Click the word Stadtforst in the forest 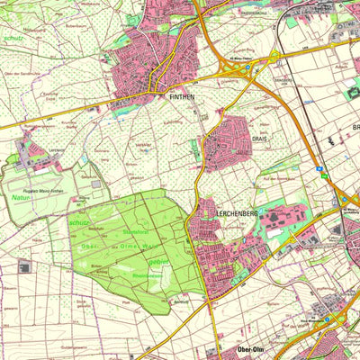coord(136,232)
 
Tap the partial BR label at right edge coord(355,127)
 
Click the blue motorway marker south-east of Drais coord(319,167)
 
